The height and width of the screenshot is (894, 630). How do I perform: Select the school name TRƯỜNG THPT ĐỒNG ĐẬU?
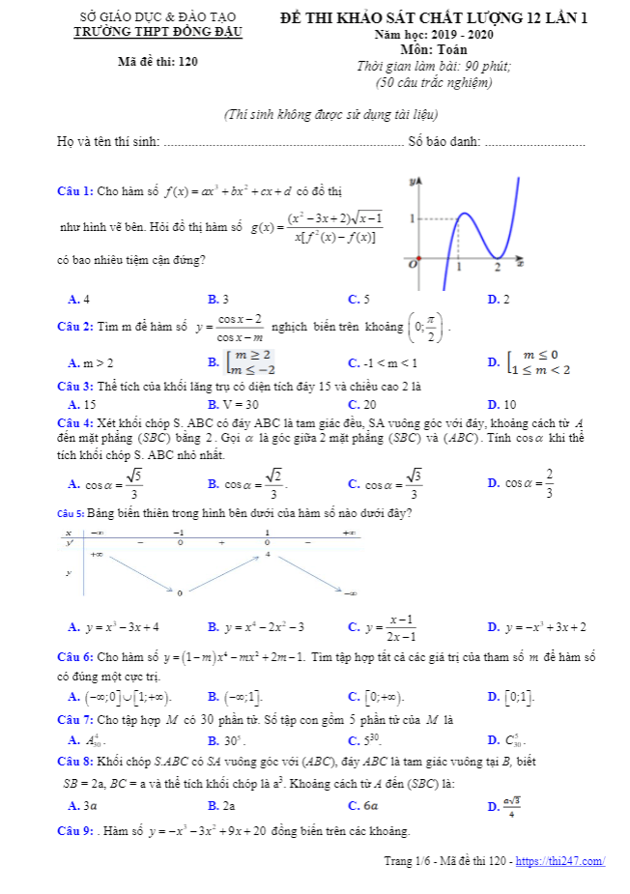(158, 32)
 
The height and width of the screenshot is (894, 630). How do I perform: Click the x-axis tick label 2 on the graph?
(498, 267)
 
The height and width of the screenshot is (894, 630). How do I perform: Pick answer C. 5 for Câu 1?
(358, 299)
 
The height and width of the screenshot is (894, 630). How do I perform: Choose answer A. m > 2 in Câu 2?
(91, 363)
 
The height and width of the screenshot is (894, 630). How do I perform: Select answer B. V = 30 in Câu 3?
(233, 405)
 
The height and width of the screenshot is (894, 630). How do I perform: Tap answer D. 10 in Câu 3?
(502, 405)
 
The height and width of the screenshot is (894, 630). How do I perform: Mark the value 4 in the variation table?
(268, 556)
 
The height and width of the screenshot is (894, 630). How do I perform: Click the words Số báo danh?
(444, 142)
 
